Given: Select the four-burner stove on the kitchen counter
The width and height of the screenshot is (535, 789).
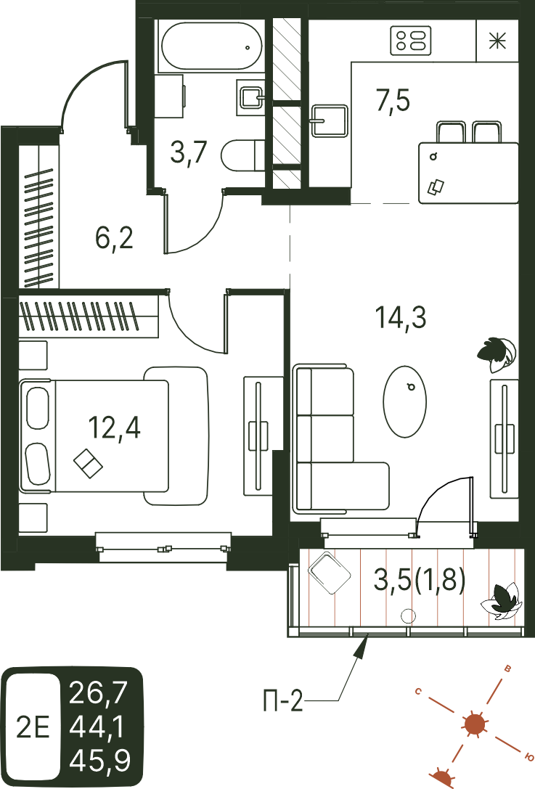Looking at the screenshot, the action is tap(411, 41).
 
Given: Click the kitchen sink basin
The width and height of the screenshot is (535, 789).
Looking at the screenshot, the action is tap(330, 120).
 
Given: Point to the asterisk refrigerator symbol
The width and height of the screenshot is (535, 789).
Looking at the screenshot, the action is tap(497, 41).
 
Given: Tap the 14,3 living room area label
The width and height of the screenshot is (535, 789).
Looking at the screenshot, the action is tap(401, 317).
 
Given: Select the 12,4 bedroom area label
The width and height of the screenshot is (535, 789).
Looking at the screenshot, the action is tap(114, 428).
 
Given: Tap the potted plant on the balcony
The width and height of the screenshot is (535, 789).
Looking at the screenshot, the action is tap(499, 600).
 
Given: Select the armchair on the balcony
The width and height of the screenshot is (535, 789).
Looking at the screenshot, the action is tap(329, 572).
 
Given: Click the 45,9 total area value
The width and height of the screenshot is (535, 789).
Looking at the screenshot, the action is tap(99, 760).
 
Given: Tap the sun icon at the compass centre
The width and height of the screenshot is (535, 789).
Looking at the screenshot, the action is tap(474, 724).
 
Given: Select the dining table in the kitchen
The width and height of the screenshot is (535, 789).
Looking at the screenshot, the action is tap(468, 173).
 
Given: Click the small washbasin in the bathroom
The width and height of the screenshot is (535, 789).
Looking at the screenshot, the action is tap(250, 97).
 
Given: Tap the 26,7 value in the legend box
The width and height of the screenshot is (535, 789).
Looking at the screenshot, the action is tap(99, 692).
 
